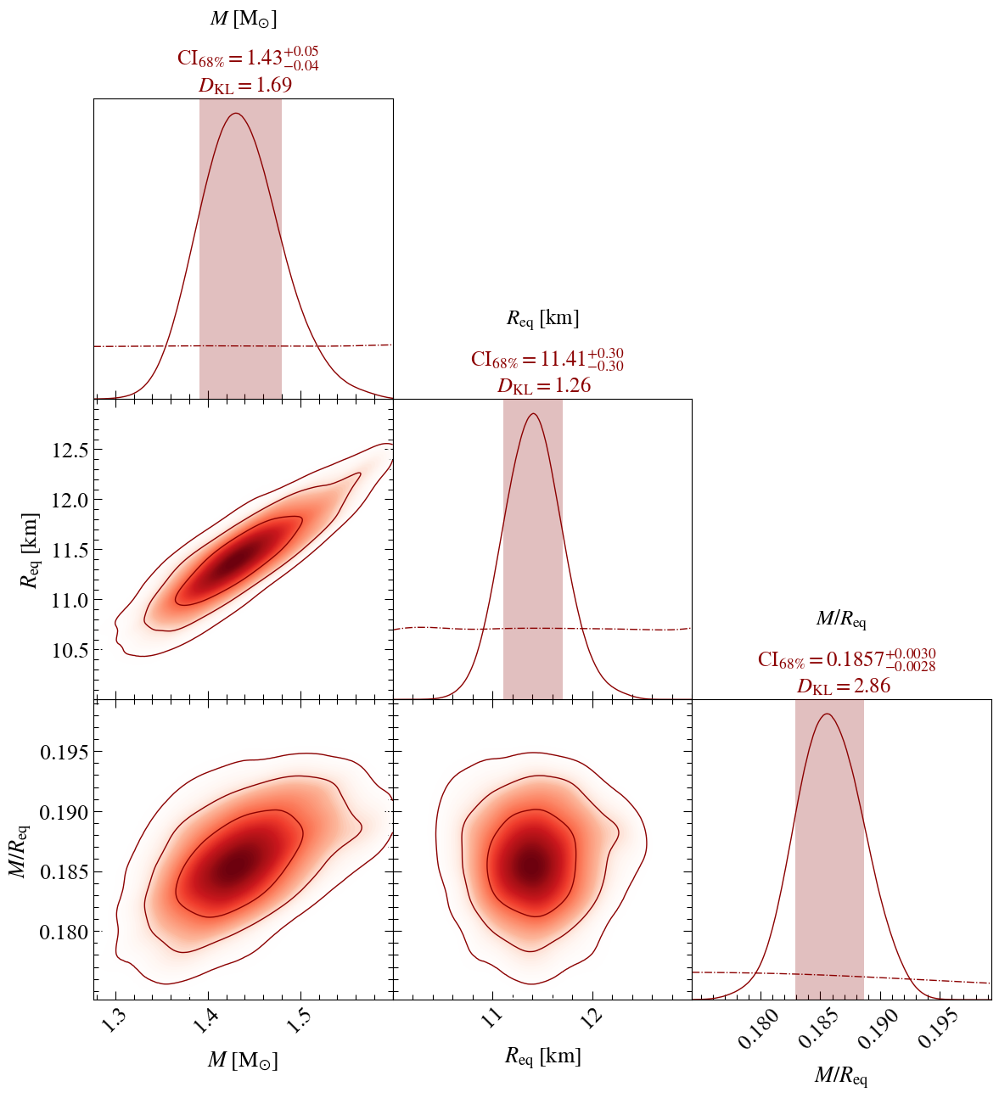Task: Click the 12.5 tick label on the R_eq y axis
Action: (70, 450)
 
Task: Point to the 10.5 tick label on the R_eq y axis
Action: (70, 650)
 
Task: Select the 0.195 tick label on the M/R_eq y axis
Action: (64, 752)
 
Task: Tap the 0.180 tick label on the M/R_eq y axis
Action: (64, 933)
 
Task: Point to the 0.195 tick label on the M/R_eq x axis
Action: (937, 1028)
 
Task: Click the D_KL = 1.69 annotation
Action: (245, 86)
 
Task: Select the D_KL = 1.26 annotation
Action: (544, 386)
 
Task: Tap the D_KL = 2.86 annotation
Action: (844, 686)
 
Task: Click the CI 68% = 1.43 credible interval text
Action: (248, 59)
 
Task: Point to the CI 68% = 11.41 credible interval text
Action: (547, 359)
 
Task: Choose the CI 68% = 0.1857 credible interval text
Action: (847, 659)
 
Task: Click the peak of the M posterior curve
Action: (236, 114)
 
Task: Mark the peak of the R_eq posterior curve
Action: (533, 414)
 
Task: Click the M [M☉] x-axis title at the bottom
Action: (243, 1060)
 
